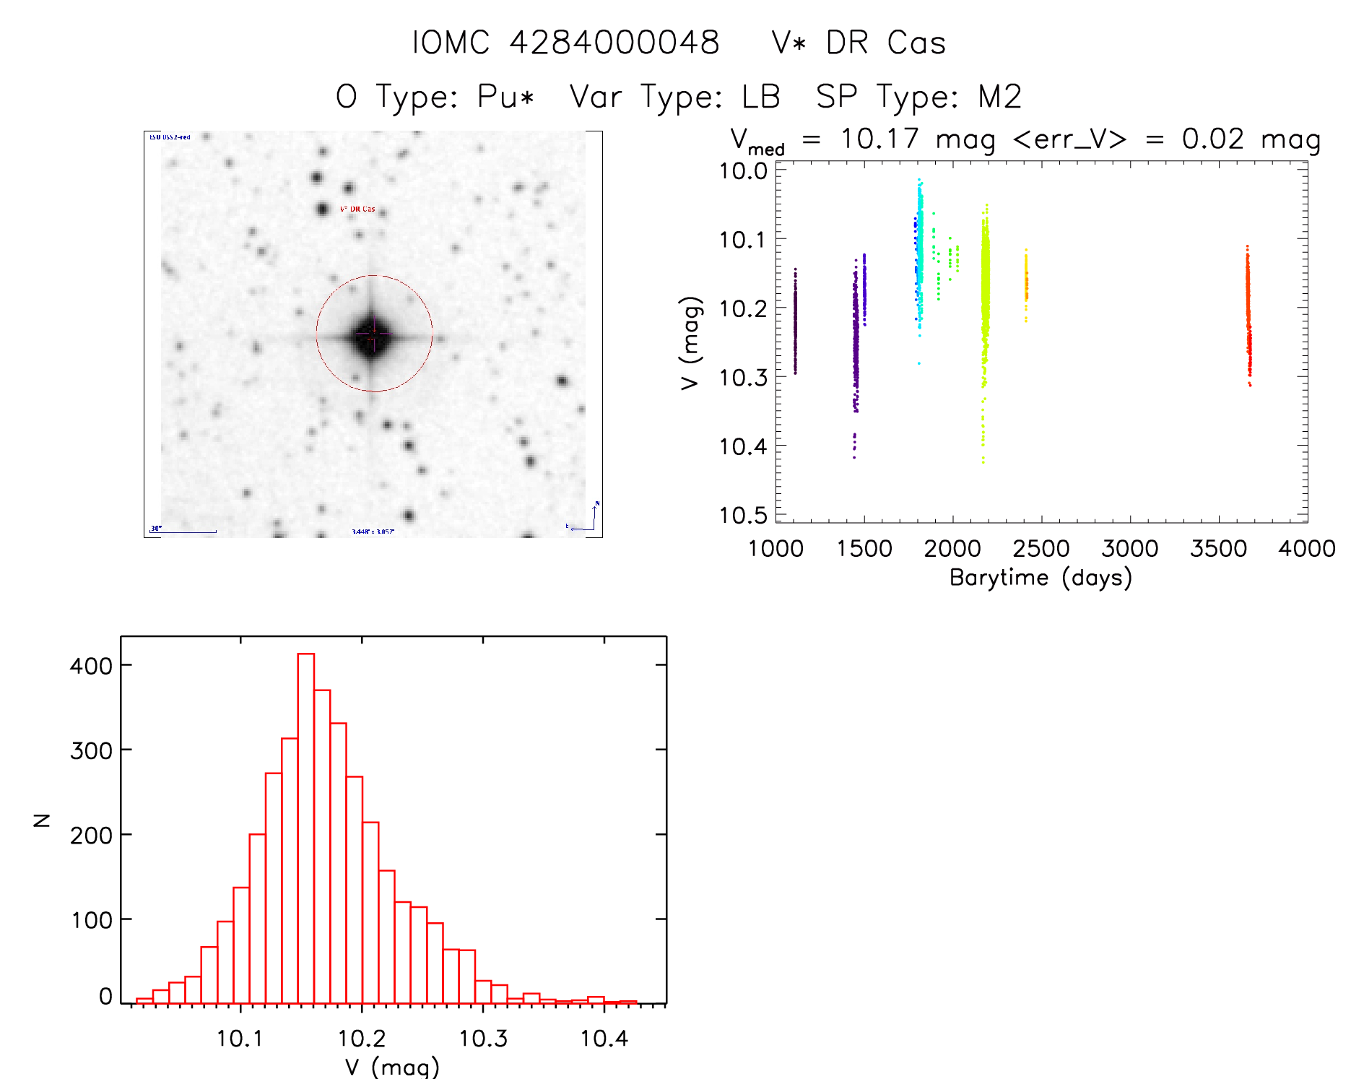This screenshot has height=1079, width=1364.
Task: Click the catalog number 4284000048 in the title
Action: point(614,43)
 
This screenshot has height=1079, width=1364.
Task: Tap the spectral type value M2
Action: point(999,97)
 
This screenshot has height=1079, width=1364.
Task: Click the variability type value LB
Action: point(761,97)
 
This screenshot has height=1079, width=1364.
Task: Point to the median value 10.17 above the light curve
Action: point(879,139)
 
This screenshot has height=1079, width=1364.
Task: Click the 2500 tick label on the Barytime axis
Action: point(1041,549)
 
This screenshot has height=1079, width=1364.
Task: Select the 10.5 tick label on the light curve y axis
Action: point(743,515)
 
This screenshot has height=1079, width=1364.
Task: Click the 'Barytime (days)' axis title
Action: point(1041,578)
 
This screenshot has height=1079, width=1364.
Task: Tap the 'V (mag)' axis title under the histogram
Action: point(392,1067)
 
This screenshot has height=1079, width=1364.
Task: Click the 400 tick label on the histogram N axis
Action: point(91,665)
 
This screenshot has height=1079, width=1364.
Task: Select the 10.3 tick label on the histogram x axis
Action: point(483,1039)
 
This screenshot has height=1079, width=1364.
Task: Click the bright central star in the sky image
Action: point(372,335)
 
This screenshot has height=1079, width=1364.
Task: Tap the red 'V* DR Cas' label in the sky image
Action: point(357,209)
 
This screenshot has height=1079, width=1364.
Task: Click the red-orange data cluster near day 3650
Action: point(1248,311)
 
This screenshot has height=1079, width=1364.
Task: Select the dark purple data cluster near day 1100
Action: point(795,321)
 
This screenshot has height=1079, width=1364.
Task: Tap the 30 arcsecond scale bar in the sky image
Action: point(183,532)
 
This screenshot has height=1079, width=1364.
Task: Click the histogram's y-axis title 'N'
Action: point(43,820)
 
